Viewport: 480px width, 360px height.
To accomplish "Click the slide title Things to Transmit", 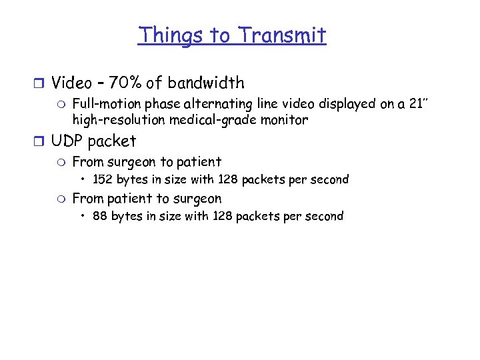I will coord(232,35).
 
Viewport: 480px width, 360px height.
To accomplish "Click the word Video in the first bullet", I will coord(71,83).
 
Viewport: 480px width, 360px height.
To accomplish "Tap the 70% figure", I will coord(124,83).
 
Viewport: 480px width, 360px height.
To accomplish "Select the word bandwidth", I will coord(206,83).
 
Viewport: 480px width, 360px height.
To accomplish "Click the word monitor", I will coord(285,121).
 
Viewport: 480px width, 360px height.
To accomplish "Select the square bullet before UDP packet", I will coord(41,142).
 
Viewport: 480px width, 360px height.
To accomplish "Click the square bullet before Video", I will coord(41,84).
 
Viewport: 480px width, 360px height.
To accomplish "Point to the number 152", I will coord(103,179).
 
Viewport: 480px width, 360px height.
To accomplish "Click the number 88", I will coord(100,216).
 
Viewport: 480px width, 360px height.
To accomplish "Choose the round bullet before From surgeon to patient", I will coord(62,162).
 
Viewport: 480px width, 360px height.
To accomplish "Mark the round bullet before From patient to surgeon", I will coord(62,199).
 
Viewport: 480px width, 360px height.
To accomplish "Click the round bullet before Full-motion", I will coord(62,105).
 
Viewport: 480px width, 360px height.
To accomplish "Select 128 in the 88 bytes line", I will coord(223,216).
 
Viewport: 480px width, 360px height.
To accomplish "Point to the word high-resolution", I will coord(110,121).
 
